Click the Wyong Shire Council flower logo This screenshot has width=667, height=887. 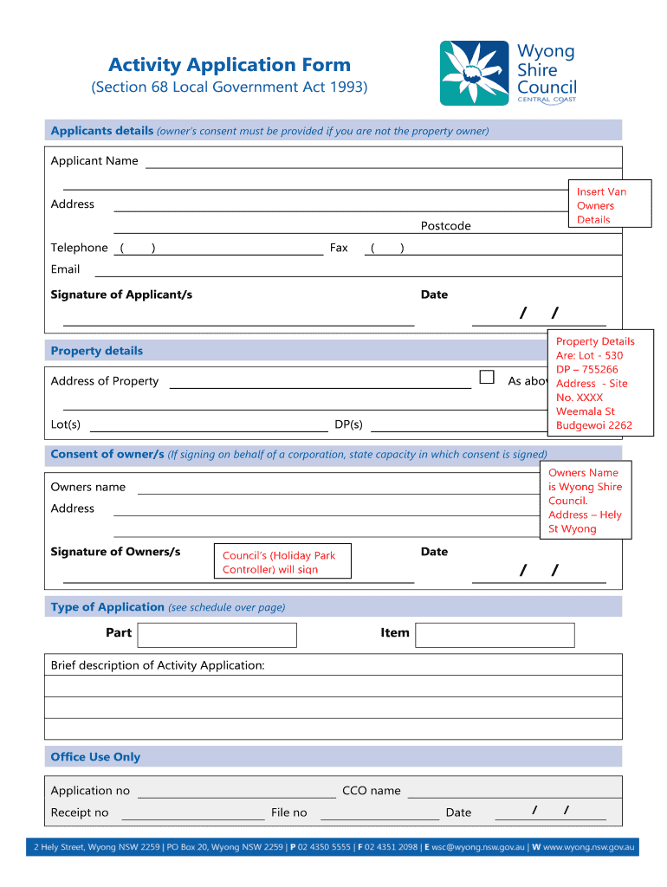[x=475, y=74]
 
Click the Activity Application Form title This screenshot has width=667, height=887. [x=230, y=65]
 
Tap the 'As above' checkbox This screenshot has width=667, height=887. [x=487, y=378]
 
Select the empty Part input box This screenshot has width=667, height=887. [x=217, y=635]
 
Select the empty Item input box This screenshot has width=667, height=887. [x=495, y=635]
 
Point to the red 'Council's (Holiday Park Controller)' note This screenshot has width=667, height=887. [x=282, y=562]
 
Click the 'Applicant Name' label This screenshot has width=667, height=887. [x=94, y=161]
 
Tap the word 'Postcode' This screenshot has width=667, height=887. [x=445, y=226]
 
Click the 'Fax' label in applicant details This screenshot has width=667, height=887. [x=339, y=248]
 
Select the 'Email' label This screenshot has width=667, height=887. [x=66, y=269]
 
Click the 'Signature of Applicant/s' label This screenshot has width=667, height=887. [x=121, y=295]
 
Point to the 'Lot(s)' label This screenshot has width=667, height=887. [x=66, y=424]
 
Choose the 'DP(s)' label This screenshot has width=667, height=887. [x=348, y=424]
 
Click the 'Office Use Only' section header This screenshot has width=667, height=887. [x=95, y=757]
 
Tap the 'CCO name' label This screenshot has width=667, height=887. [x=372, y=791]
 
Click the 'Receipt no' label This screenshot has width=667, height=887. [x=80, y=813]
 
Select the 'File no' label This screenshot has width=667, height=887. [x=288, y=813]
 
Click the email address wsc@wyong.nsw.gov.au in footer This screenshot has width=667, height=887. [x=478, y=848]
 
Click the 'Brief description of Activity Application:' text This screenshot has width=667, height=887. [x=158, y=665]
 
